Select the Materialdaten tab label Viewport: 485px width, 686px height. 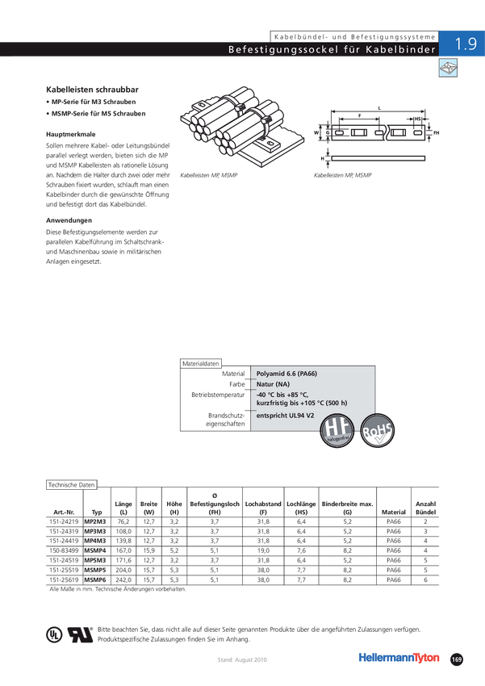202,364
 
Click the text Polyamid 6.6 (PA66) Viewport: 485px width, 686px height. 286,374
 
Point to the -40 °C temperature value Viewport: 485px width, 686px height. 267,395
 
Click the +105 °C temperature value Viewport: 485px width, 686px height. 311,403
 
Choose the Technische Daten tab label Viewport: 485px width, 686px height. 72,484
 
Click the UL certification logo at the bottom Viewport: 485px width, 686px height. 52,634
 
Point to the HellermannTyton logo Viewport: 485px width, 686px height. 400,657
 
